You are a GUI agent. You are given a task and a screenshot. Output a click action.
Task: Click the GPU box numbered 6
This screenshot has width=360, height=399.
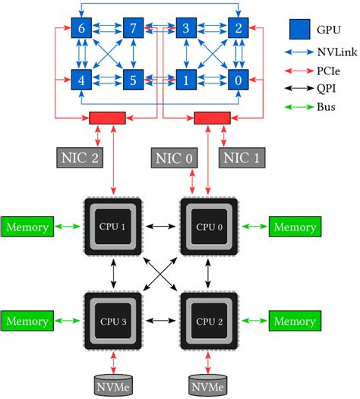81,29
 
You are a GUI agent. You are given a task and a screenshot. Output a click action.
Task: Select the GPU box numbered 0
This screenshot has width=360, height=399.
238,79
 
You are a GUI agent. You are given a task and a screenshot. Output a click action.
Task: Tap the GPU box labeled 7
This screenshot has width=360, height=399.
134,29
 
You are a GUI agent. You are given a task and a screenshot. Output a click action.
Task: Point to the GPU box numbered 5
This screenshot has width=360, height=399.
134,79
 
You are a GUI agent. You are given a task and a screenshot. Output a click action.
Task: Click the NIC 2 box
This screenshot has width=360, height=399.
78,158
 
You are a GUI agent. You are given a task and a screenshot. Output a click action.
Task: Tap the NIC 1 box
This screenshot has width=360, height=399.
242,158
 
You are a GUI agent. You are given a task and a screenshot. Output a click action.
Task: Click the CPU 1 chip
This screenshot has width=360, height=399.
112,227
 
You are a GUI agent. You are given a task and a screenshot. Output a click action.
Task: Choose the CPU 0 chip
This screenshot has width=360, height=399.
207,227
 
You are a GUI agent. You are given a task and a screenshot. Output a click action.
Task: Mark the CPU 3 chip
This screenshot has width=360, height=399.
112,322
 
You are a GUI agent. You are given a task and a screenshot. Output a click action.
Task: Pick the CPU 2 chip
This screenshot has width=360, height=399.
207,322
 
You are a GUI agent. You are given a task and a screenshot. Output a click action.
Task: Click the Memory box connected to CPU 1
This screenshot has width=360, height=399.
27,227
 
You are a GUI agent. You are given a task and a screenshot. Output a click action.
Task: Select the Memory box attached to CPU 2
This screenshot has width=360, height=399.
294,322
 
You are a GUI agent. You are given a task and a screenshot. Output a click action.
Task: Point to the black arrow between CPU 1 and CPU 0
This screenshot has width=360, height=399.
160,227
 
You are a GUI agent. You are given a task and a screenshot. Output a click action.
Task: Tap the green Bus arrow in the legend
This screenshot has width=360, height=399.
300,107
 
